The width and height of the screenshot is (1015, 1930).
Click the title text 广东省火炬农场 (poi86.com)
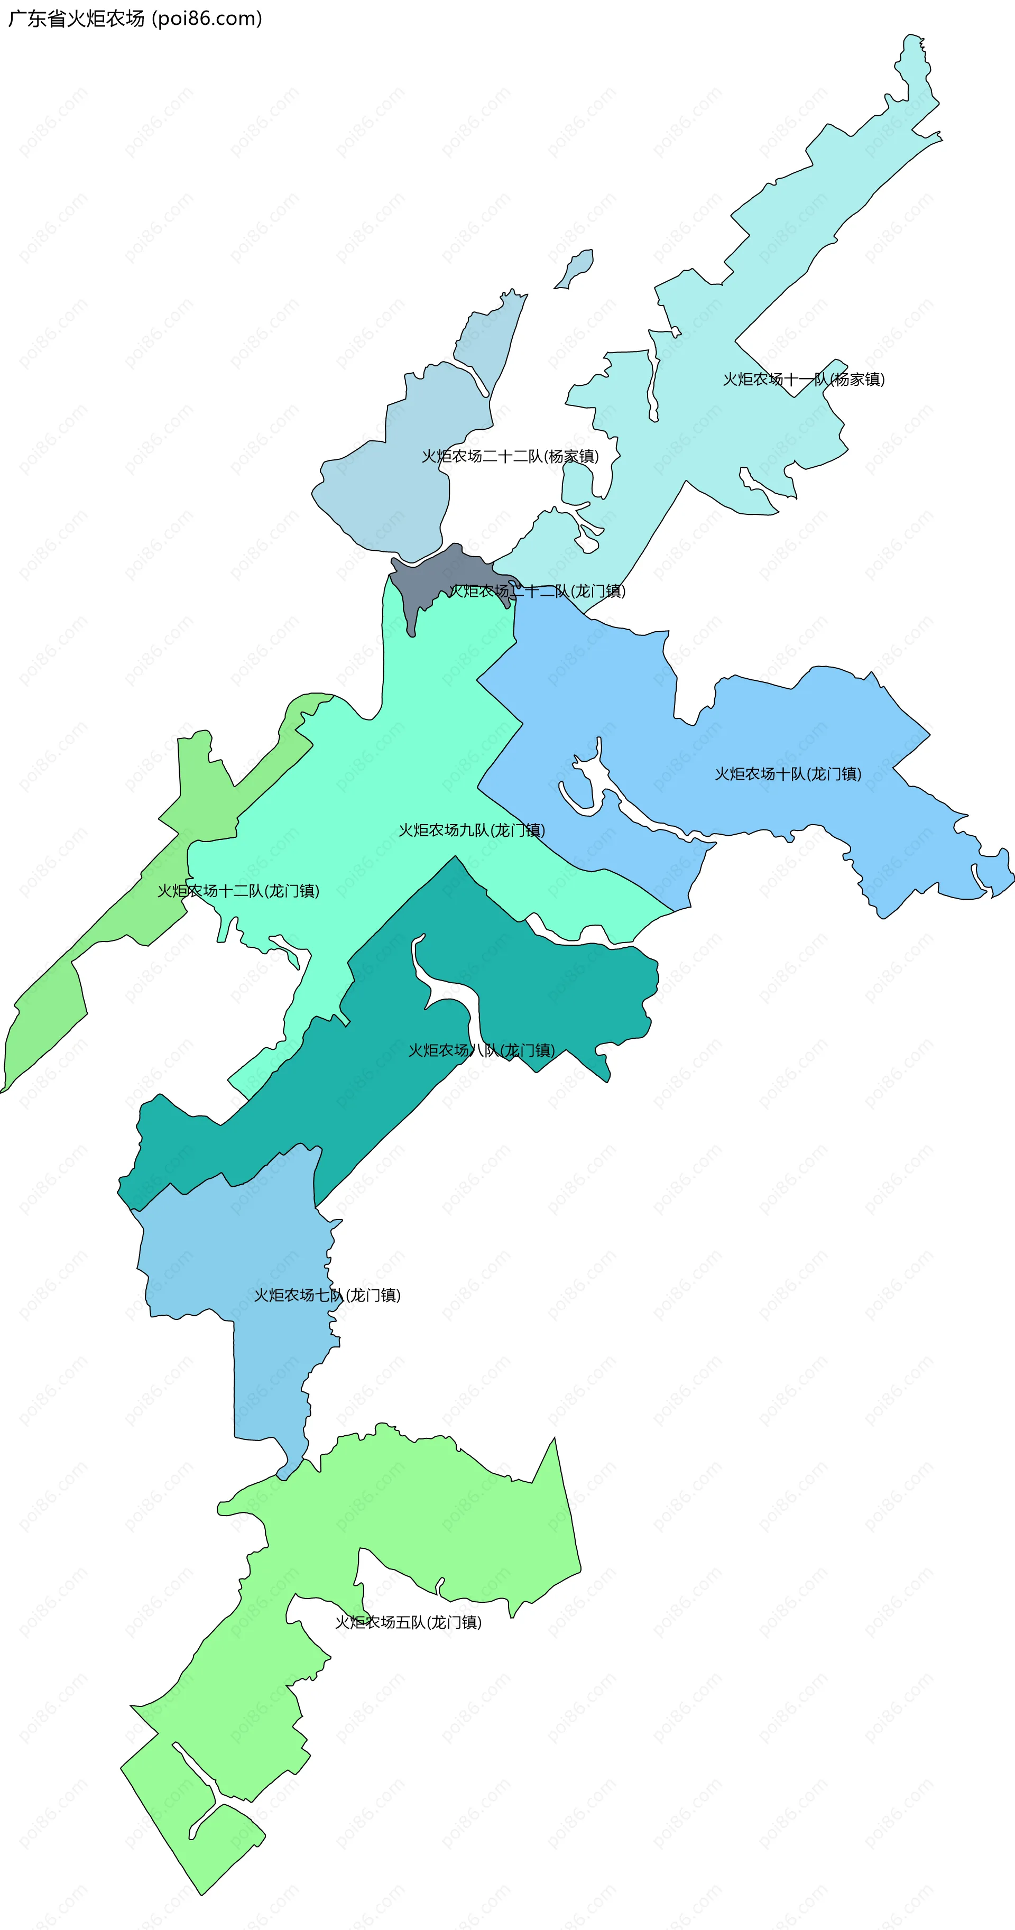pos(135,19)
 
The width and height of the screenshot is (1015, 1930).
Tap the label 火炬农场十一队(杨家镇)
pos(803,379)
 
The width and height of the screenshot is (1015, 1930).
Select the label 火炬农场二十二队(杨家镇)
pos(510,456)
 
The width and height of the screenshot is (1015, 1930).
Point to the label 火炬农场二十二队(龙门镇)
pos(537,591)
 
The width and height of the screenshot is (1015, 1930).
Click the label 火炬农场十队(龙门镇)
pos(787,774)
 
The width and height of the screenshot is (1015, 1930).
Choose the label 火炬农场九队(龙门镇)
pos(471,830)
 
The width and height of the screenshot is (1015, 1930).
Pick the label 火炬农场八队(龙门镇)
pos(481,1050)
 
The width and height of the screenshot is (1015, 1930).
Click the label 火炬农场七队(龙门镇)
pos(327,1296)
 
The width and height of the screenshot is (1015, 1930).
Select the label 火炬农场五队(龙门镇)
pos(408,1622)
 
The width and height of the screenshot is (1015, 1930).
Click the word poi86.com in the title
pos(207,19)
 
